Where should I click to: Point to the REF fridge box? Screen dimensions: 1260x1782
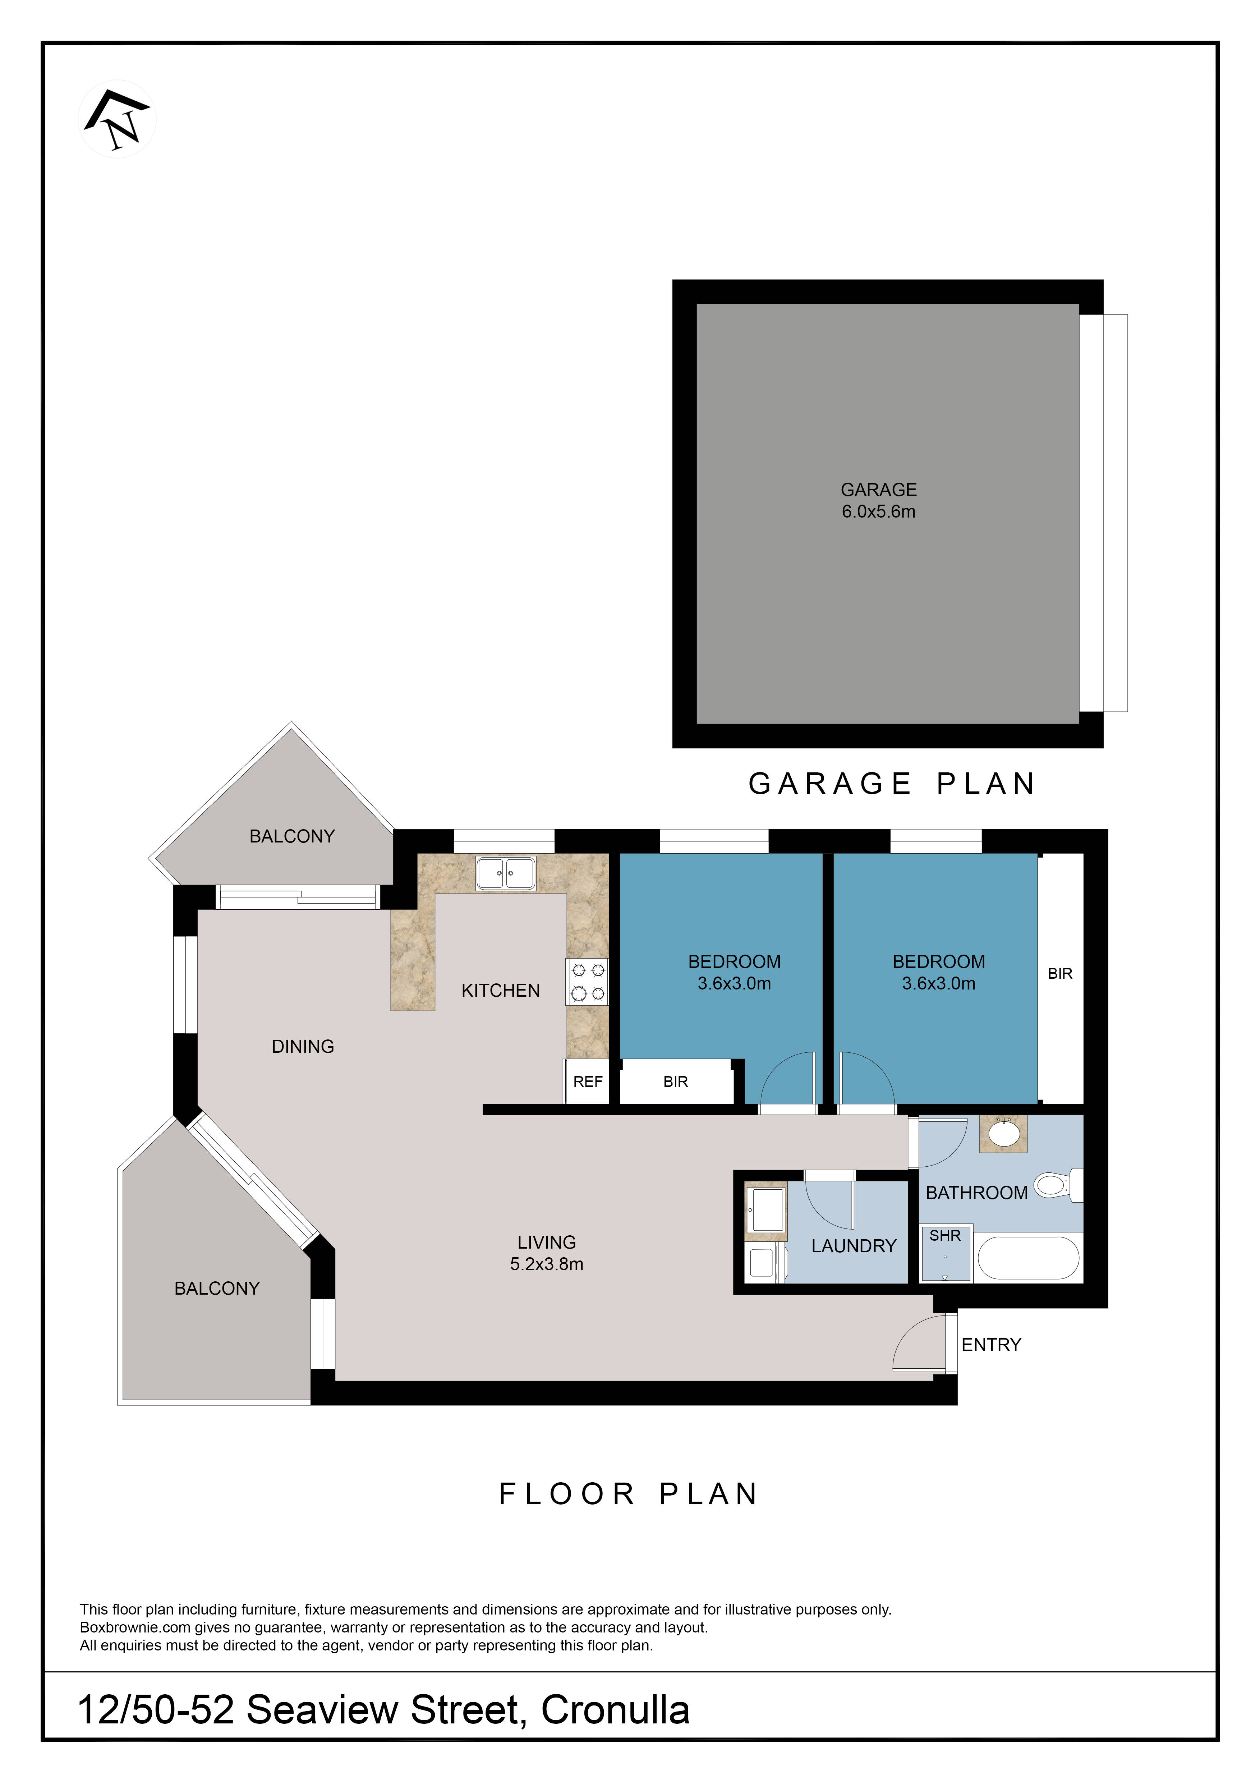[587, 1081]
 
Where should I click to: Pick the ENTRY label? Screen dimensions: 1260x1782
[991, 1345]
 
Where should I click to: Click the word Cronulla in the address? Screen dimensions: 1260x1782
[615, 1710]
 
